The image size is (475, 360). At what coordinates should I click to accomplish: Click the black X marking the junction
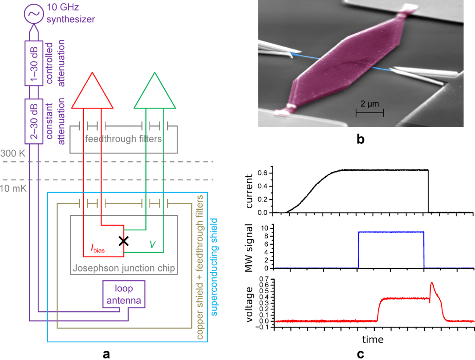(123, 241)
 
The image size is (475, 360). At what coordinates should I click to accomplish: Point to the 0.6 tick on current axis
(267, 173)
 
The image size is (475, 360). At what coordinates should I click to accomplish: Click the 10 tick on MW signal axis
(268, 228)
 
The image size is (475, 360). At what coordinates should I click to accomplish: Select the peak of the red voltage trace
(432, 283)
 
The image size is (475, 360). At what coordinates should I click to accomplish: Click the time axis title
(373, 340)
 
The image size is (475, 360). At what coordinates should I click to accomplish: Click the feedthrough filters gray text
(123, 138)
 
